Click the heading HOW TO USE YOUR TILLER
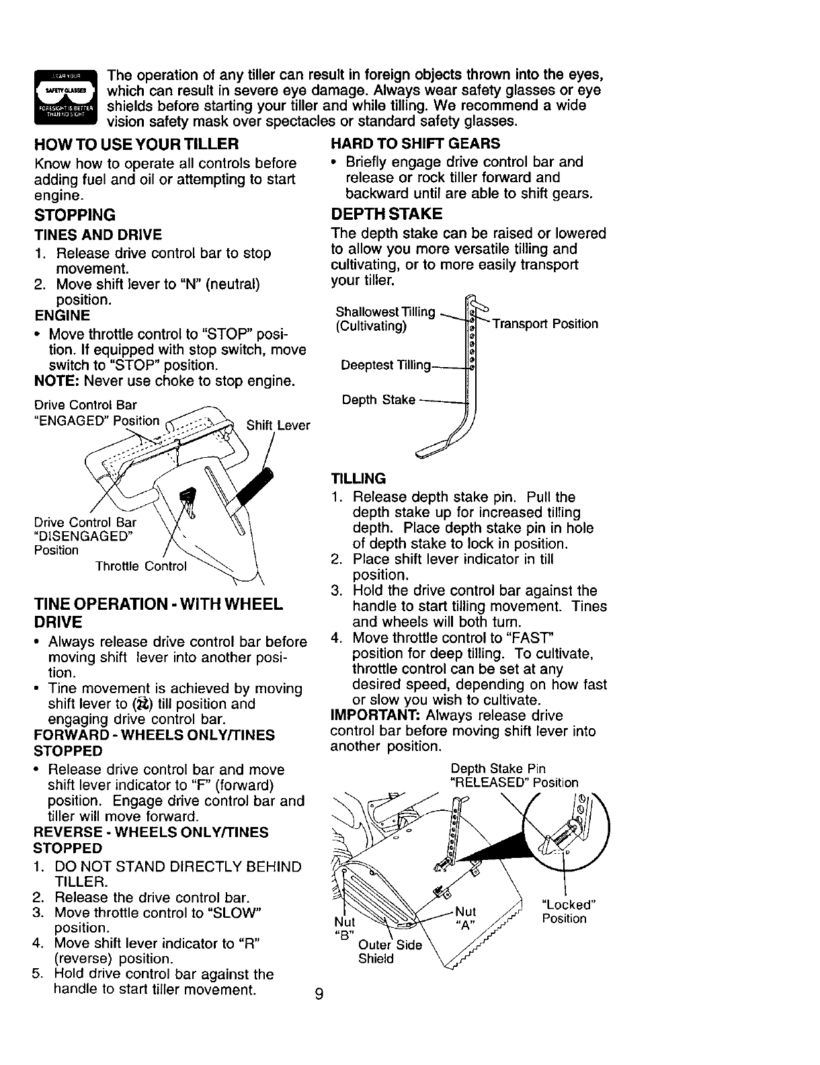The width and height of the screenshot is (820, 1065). pos(136,145)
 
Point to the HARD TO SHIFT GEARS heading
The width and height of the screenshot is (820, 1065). pos(415,144)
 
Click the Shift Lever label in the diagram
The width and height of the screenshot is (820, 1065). pos(278,426)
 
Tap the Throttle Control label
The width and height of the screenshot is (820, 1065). pos(140,566)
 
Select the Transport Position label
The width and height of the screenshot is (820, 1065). pos(545,324)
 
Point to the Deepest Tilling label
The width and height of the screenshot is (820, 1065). pos(385,365)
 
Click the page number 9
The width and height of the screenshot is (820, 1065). pos(319,994)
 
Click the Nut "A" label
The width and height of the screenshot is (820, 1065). pos(465,918)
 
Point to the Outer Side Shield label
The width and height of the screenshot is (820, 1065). pos(390,952)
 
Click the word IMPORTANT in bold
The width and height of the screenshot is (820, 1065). pos(370,715)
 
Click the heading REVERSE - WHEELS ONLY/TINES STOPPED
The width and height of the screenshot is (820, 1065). pos(151,840)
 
